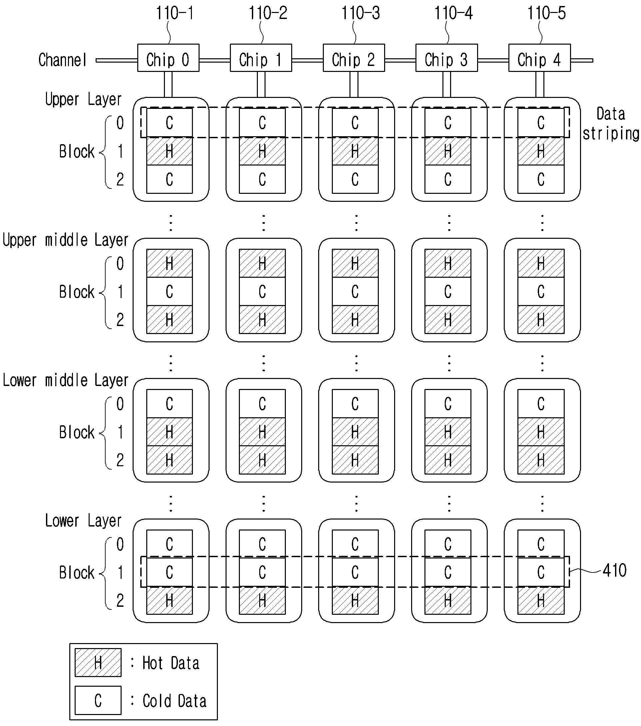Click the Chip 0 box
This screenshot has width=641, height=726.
coord(168,58)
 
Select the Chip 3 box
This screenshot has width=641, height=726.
coord(447,58)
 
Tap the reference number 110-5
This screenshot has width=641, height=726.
coord(546,13)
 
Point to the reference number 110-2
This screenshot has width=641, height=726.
coord(268,13)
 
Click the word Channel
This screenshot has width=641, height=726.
coord(63,60)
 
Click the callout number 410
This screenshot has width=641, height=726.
coord(614,571)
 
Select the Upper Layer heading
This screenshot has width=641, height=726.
coord(83,100)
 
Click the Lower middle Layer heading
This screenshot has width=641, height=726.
coord(65,380)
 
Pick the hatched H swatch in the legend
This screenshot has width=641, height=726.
coord(98,662)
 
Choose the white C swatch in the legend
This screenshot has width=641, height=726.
coord(98,700)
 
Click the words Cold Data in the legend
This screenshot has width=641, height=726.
coord(175,701)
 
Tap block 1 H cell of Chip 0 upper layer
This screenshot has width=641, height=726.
coord(170,151)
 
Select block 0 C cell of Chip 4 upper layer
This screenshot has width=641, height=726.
coord(541,123)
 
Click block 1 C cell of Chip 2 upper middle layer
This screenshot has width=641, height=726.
coord(355,292)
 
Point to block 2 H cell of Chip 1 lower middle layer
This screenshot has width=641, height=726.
coord(262,460)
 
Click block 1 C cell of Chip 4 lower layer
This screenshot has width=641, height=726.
coord(541,572)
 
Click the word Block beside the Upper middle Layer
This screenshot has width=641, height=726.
coord(77,292)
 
